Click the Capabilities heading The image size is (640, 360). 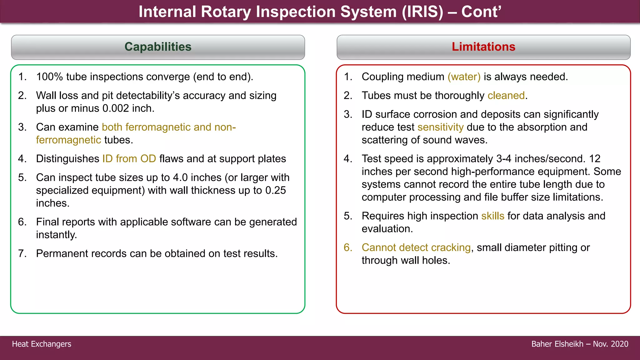tap(158, 47)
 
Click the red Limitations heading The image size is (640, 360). tap(483, 47)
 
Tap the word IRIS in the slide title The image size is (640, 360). tap(422, 12)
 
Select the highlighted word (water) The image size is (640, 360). tap(464, 77)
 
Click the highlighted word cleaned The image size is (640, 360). tap(506, 96)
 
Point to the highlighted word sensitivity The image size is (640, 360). tap(440, 127)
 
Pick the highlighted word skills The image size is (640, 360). tap(492, 216)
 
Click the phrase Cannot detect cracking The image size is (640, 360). tap(416, 248)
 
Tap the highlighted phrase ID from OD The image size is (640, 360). tap(129, 159)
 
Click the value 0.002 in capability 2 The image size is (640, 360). tap(116, 109)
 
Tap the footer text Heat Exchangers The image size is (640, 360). tap(42, 344)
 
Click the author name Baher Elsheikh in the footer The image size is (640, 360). tap(557, 344)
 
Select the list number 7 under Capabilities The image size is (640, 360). tap(22, 254)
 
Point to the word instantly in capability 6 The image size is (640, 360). tap(56, 235)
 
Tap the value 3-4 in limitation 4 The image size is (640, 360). tap(504, 159)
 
